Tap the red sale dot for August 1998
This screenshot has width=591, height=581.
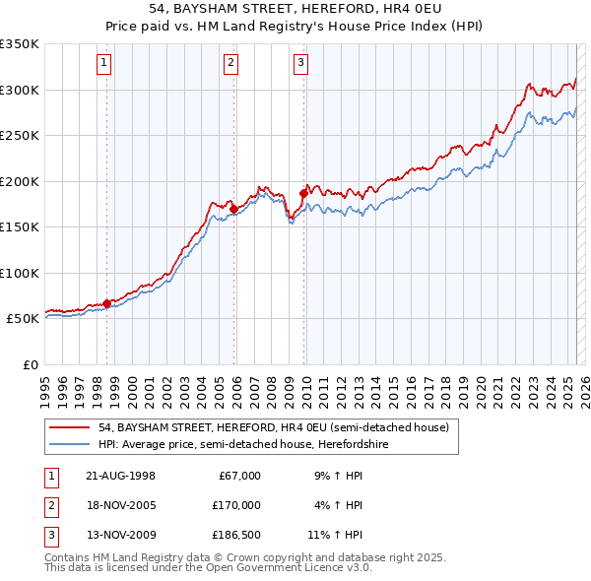pos(106,303)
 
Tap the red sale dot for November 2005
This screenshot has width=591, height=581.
pos(233,209)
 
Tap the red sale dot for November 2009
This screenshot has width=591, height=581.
pos(303,193)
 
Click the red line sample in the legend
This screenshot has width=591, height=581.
pos(70,427)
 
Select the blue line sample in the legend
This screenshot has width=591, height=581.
pos(70,443)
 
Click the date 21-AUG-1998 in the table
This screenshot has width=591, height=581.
pos(120,476)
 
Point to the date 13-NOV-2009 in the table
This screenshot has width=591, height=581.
pos(120,537)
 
